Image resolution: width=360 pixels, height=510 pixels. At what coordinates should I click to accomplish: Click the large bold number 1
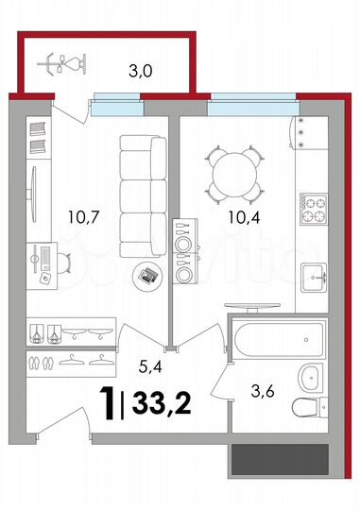click(x=111, y=403)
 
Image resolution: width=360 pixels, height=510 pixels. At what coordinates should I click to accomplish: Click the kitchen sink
click(x=314, y=277)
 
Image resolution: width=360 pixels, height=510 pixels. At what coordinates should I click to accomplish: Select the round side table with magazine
click(x=146, y=275)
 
